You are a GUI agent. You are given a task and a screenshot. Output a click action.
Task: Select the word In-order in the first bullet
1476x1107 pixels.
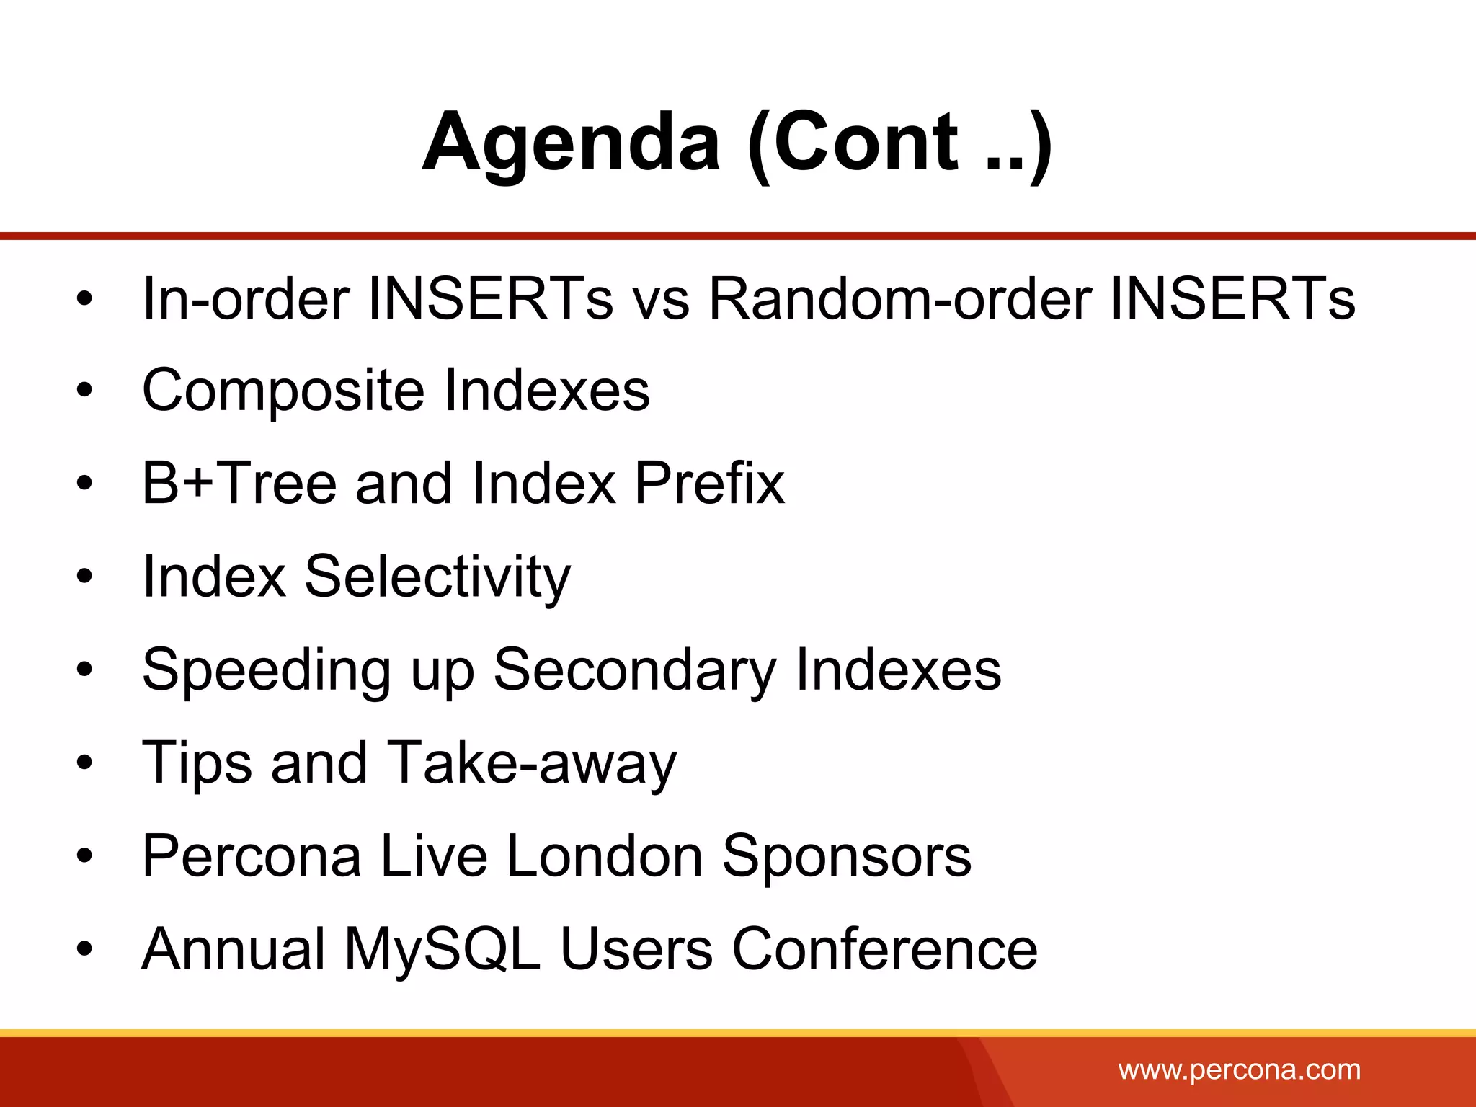[x=246, y=298]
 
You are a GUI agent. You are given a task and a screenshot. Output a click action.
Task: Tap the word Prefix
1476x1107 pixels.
[x=709, y=483]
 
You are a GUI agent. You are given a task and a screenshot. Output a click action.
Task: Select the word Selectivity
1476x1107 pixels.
[x=437, y=577]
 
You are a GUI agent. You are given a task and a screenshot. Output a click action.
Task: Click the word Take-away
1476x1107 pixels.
[x=532, y=763]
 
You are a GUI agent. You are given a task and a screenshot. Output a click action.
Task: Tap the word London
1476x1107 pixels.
[x=605, y=856]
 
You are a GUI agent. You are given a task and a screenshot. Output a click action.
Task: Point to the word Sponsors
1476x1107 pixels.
[x=847, y=856]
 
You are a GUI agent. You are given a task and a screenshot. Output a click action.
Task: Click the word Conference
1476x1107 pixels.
[x=885, y=949]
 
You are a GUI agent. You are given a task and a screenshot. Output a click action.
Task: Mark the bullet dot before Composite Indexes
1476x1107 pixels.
[x=85, y=391]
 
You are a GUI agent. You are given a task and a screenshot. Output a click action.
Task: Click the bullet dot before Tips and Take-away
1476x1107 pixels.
[x=85, y=763]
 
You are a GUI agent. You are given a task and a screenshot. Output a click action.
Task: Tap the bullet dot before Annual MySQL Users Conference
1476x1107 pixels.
[x=85, y=949]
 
